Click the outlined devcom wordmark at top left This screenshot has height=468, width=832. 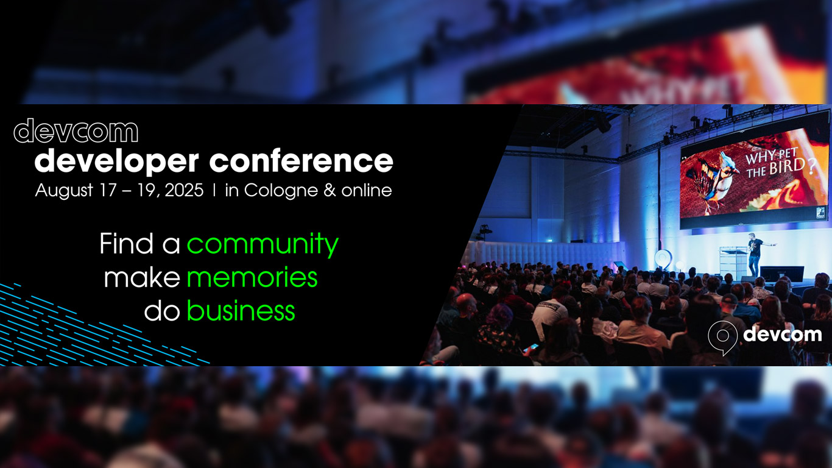(x=76, y=131)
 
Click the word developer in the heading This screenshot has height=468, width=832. (x=116, y=161)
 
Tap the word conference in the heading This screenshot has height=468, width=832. (x=301, y=161)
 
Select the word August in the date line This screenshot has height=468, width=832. (x=64, y=191)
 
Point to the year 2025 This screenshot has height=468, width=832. (x=184, y=190)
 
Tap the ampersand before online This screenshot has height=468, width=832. (x=330, y=190)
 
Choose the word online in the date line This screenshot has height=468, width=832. (x=367, y=190)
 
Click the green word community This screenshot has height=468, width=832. (x=263, y=245)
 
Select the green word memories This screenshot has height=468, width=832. (x=252, y=277)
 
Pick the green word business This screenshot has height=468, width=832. (x=241, y=310)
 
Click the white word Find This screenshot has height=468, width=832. (x=127, y=244)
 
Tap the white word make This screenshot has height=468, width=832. (x=143, y=277)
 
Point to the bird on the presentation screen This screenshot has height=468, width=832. (x=710, y=180)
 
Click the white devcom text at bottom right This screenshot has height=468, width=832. (x=782, y=335)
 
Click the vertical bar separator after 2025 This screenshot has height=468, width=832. (x=214, y=190)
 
